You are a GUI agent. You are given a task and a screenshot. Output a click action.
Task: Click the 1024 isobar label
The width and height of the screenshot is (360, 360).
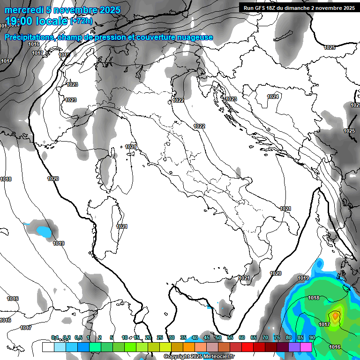point(273,97)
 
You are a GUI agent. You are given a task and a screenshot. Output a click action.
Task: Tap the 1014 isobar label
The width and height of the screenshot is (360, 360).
point(7,61)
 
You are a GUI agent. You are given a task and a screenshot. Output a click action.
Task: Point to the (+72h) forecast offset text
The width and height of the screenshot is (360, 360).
point(81,22)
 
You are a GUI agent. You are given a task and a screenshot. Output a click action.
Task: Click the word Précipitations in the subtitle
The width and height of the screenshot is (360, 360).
point(30,37)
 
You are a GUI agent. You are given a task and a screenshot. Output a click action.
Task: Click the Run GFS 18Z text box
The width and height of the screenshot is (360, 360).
point(299,7)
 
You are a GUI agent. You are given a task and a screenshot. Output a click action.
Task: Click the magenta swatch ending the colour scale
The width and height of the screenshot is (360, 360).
point(306,347)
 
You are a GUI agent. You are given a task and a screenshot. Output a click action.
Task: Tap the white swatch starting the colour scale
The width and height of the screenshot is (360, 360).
point(48,347)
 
